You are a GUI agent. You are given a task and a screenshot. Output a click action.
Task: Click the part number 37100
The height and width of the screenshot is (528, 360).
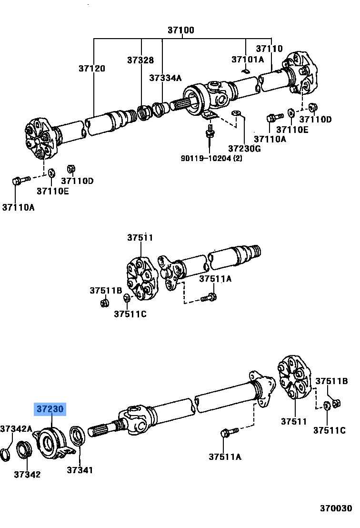pyautogui.click(x=180, y=30)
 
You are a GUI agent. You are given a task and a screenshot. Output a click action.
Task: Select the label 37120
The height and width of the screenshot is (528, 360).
pyautogui.click(x=92, y=69)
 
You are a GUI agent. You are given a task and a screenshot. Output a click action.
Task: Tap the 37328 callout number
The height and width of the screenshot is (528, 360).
pyautogui.click(x=140, y=60)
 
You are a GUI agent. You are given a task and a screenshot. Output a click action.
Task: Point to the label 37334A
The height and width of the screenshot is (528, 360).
pyautogui.click(x=165, y=78)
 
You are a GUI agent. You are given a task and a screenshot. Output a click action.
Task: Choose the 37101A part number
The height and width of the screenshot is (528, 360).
pyautogui.click(x=248, y=60)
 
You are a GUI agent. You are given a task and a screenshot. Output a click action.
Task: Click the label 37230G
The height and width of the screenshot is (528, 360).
pyautogui.click(x=244, y=148)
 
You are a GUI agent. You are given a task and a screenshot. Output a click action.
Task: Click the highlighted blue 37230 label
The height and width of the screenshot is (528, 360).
pyautogui.click(x=50, y=409)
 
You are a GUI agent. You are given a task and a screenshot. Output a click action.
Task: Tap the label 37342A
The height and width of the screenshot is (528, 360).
pyautogui.click(x=16, y=428)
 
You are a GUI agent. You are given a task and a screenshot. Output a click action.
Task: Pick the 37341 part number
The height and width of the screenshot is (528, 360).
pyautogui.click(x=80, y=470)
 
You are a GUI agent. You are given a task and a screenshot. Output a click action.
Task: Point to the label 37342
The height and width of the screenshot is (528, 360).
pyautogui.click(x=27, y=474)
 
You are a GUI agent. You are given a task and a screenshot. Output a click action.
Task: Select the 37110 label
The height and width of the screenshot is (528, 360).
pyautogui.click(x=269, y=49)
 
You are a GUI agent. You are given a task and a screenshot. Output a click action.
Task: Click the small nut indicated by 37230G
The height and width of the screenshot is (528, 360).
pyautogui.click(x=236, y=113)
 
